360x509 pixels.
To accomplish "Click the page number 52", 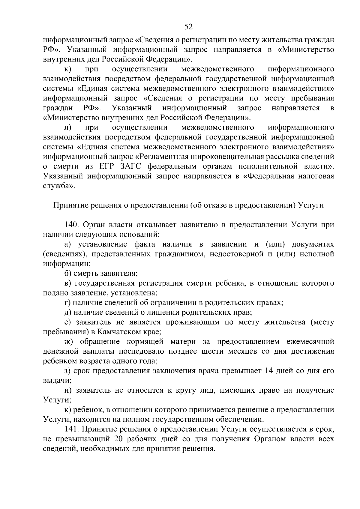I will (188, 27).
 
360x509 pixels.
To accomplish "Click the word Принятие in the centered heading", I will (69, 205).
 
